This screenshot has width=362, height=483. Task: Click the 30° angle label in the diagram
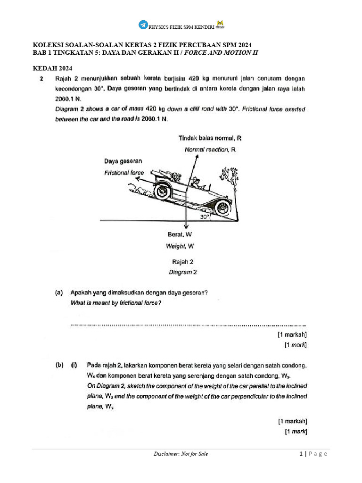click(x=204, y=217)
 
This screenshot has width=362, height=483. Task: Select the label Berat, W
click(x=180, y=234)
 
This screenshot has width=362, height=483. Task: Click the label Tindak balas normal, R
click(x=210, y=138)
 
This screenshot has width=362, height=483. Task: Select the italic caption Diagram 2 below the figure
click(x=183, y=272)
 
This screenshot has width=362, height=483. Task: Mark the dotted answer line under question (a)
click(x=189, y=325)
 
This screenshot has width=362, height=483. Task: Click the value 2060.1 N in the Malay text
click(x=68, y=99)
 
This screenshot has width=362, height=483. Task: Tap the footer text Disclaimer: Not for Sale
click(x=181, y=454)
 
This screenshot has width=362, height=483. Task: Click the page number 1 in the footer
click(x=300, y=454)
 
